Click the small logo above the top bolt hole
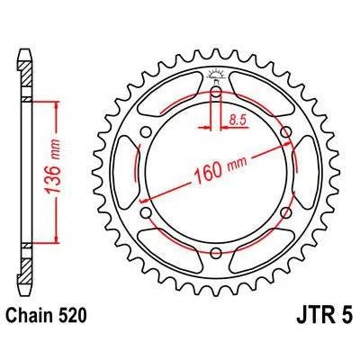click(x=216, y=75)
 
